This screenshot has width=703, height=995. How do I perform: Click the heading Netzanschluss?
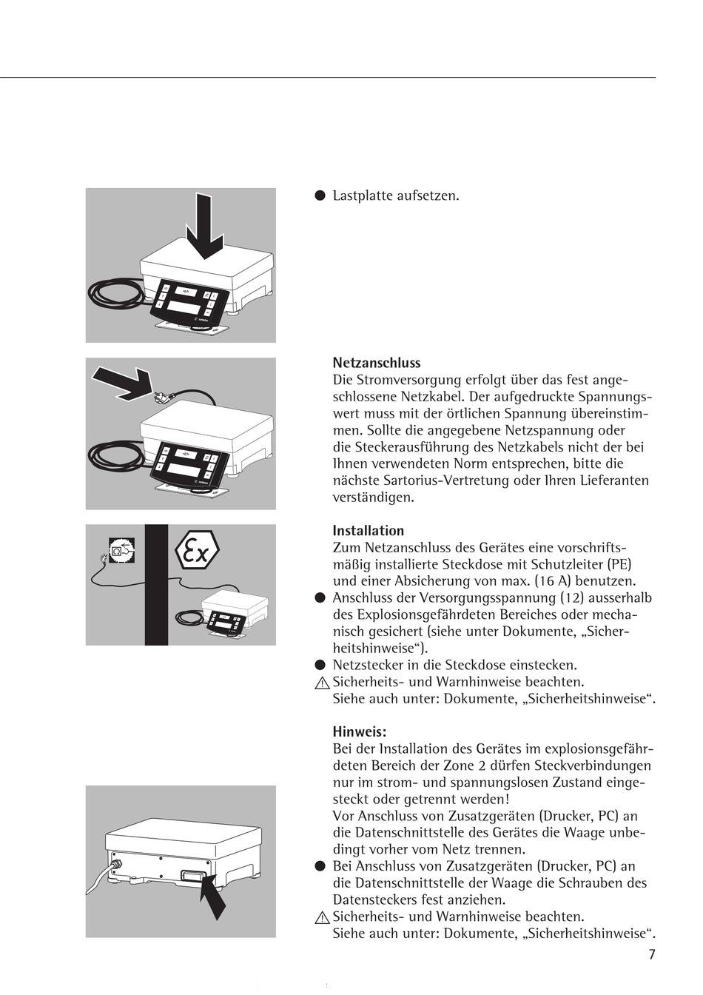[x=376, y=363]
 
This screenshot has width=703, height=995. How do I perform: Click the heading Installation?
[x=368, y=530]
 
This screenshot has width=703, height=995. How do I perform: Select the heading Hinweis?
[x=359, y=732]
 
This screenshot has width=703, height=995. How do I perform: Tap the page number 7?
[x=652, y=954]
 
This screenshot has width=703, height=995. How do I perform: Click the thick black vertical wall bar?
[x=156, y=585]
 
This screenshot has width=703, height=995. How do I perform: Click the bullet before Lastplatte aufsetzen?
[x=320, y=196]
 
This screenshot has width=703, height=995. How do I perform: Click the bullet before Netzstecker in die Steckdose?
[x=320, y=665]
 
